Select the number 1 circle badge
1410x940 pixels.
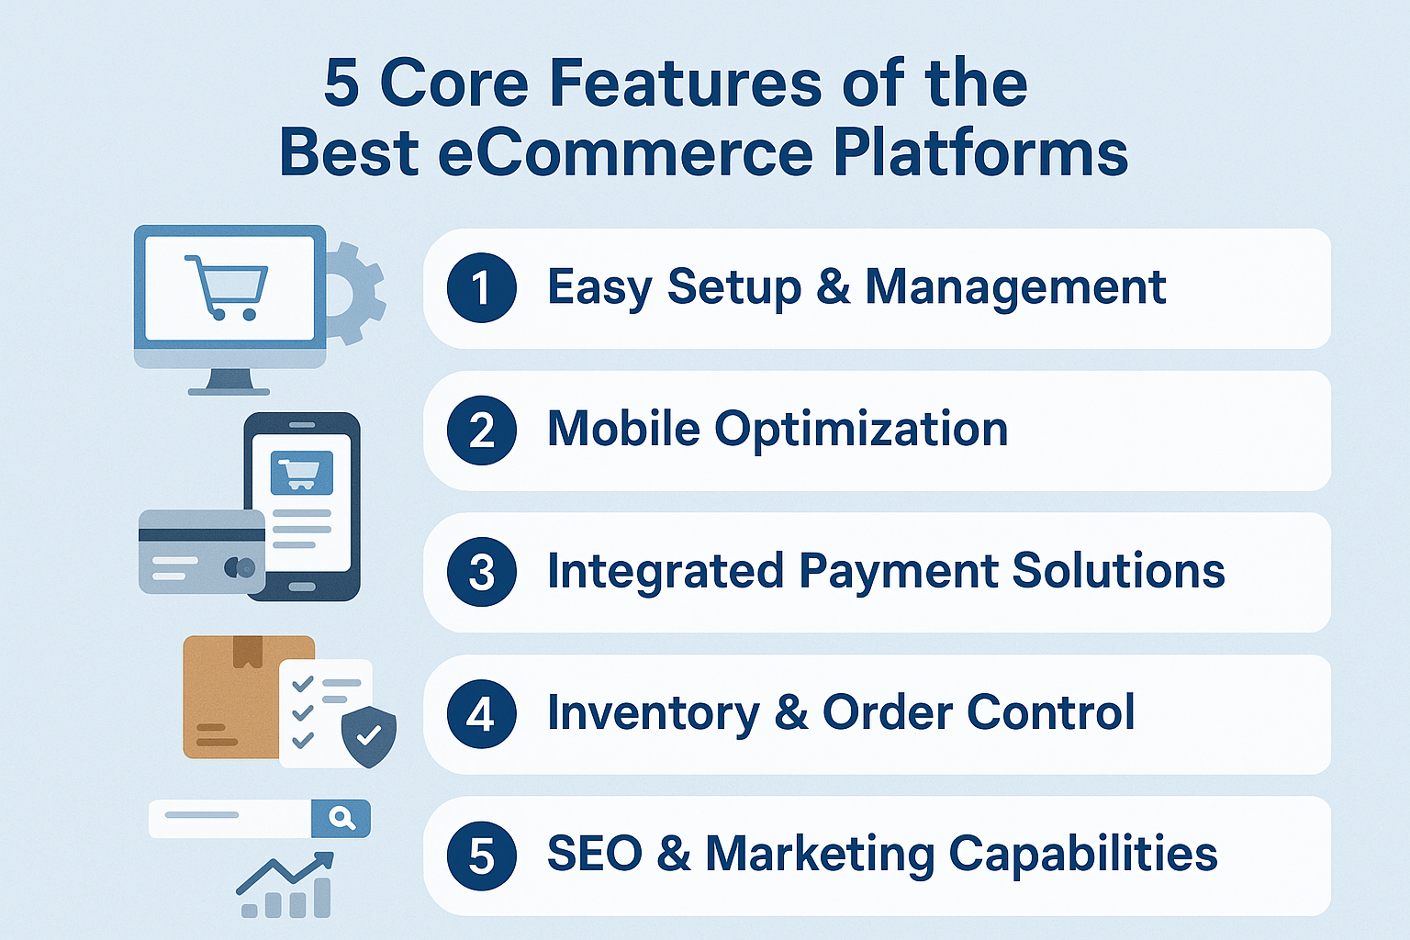pyautogui.click(x=482, y=287)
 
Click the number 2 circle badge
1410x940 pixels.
pyautogui.click(x=482, y=430)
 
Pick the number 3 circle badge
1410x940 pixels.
pyautogui.click(x=482, y=572)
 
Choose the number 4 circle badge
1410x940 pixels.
pyautogui.click(x=482, y=714)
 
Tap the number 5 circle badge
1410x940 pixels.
pyautogui.click(x=482, y=856)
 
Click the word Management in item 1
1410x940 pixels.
pyautogui.click(x=1015, y=289)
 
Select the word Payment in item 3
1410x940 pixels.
pyautogui.click(x=899, y=573)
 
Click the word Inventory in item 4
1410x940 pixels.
pyautogui.click(x=654, y=714)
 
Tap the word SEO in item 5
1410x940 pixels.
pyautogui.click(x=595, y=855)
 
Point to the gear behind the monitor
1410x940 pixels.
pyautogui.click(x=352, y=294)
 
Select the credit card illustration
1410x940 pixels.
pyautogui.click(x=201, y=553)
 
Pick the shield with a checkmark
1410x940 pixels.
pyautogui.click(x=369, y=736)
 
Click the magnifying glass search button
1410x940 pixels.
pyautogui.click(x=341, y=819)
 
